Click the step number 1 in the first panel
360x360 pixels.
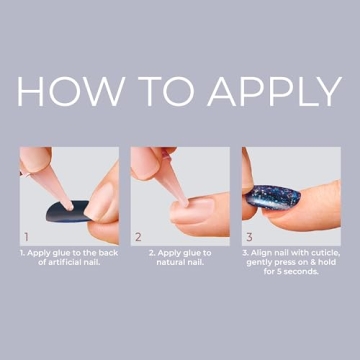(25, 238)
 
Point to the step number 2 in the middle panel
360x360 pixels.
(138, 238)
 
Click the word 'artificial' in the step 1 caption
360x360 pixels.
(69, 264)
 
